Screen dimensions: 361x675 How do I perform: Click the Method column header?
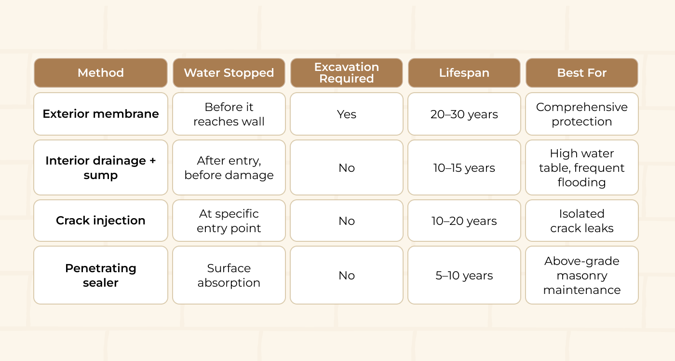[101, 73]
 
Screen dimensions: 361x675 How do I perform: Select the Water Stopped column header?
[229, 73]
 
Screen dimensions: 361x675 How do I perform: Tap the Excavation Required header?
[347, 73]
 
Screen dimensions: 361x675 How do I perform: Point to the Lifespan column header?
[464, 73]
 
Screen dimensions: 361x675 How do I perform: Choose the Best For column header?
[582, 73]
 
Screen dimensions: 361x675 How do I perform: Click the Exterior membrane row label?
[101, 114]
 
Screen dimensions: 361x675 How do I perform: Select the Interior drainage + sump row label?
[101, 167]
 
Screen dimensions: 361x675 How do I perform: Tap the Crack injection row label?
[101, 221]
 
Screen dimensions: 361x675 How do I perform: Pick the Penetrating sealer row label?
[101, 275]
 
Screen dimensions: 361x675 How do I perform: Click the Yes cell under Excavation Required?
[347, 114]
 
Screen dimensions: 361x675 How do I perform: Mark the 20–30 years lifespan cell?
[464, 114]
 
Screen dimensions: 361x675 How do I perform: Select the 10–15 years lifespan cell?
[464, 167]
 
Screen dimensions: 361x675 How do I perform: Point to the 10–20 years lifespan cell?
[464, 221]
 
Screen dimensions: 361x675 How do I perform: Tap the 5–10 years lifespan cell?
[464, 275]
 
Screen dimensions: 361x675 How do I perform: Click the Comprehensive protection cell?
[582, 114]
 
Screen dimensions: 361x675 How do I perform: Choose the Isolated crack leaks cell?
[582, 221]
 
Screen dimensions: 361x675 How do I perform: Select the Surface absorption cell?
[229, 275]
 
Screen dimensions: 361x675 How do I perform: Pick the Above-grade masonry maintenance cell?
[582, 275]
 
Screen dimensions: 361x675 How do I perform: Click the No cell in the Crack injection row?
[347, 221]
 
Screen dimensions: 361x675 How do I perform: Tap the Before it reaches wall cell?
[229, 114]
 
